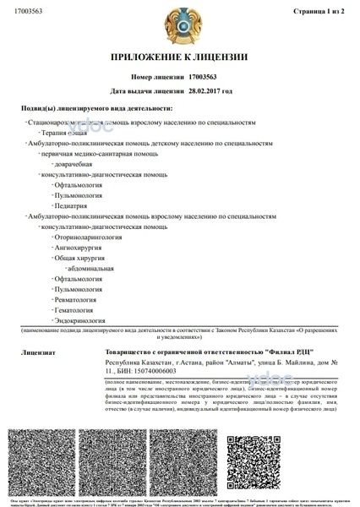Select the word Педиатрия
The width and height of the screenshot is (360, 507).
click(x=71, y=205)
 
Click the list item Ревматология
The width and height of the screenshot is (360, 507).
click(x=79, y=299)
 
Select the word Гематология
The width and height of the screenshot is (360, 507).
click(x=76, y=309)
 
